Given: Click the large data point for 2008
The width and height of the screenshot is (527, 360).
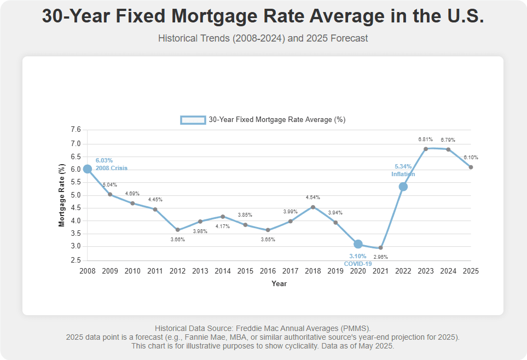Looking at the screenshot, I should (x=88, y=169).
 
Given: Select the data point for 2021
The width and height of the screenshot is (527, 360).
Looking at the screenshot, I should (x=380, y=248).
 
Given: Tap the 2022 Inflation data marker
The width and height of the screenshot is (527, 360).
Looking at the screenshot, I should (x=403, y=187).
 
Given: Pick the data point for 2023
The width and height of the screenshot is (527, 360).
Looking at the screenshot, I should (x=425, y=149).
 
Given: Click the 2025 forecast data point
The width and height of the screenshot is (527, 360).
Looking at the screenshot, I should (x=471, y=167).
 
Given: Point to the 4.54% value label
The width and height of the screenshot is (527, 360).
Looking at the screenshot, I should (x=313, y=198).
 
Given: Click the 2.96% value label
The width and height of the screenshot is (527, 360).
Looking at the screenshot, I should (x=380, y=257).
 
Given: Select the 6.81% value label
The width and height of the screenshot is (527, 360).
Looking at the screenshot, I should (x=425, y=140).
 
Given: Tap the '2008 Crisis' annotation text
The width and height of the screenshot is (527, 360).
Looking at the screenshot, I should (x=112, y=169).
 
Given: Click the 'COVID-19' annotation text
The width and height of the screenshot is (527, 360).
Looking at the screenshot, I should (x=358, y=264).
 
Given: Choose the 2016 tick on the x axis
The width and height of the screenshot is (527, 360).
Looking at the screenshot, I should (x=268, y=271).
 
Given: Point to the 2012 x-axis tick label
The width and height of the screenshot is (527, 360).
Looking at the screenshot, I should (x=177, y=271).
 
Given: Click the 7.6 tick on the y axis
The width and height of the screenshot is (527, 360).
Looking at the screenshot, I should (x=76, y=130).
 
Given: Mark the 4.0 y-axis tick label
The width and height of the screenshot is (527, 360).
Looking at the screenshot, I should (x=76, y=221).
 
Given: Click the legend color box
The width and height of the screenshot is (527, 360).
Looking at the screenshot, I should (x=193, y=120).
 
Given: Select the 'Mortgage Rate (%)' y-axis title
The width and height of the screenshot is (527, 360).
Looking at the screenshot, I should (x=62, y=195).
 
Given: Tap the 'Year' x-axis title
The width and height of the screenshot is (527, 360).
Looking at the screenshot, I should (x=279, y=284).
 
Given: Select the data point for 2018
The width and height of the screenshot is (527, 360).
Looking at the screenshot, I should (x=312, y=207).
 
